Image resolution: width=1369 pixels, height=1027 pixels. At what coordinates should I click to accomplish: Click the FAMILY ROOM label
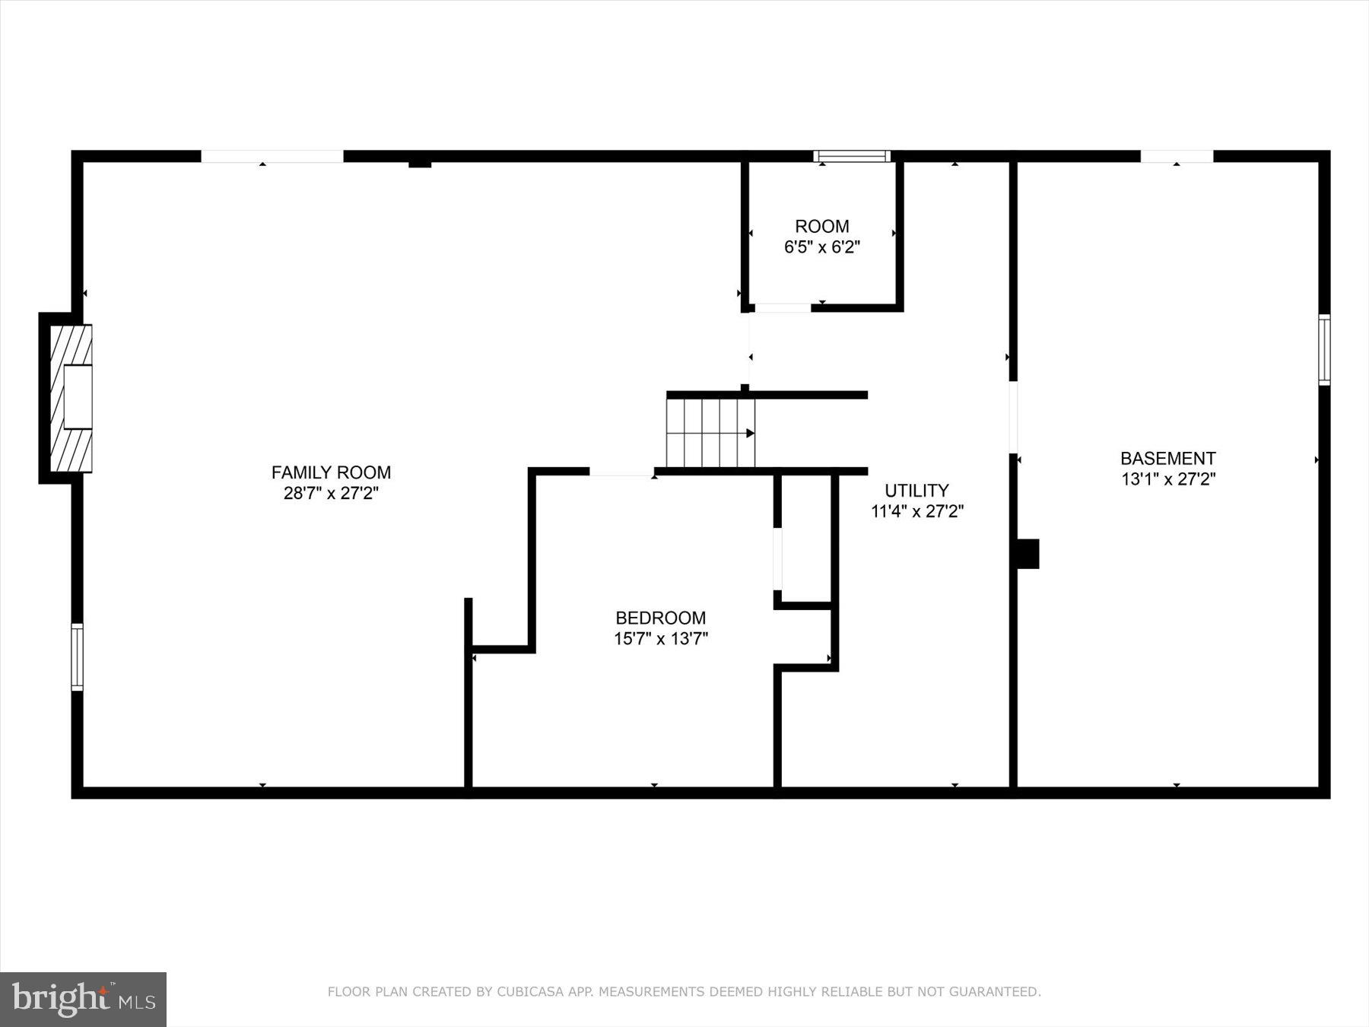pos(331,472)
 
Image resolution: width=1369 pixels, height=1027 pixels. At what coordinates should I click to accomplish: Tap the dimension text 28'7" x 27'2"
pos(331,493)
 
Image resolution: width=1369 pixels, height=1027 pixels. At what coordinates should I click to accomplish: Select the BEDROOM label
pos(660,618)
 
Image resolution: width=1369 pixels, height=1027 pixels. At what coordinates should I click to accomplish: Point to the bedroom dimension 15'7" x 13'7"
pos(660,638)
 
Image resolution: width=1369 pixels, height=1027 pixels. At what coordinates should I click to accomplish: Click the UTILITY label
pos(916,490)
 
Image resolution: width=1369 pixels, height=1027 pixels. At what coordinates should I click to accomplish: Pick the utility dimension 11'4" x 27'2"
pos(916,511)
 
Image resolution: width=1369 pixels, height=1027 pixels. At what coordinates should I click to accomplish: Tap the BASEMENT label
pos(1167,458)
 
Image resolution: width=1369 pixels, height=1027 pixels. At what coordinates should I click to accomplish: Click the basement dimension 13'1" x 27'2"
pos(1167,479)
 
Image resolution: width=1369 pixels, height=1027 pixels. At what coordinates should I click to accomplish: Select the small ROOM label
pos(821,226)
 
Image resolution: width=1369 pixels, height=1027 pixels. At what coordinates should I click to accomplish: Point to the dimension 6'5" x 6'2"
pos(821,247)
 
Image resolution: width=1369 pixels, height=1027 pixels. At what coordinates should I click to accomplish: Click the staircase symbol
pos(710,433)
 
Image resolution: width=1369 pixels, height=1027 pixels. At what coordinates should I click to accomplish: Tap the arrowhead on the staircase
pos(750,433)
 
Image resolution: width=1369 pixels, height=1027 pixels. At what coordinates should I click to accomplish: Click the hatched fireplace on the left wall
pos(71,398)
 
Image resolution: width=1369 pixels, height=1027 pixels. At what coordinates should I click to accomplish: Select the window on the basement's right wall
pos(1324,350)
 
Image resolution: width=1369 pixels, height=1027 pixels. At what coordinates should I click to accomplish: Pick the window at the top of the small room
pos(852,157)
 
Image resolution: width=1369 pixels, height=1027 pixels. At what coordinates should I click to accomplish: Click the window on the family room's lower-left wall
pos(77,657)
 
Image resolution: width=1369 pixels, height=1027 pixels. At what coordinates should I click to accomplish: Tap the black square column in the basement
pos(1028,554)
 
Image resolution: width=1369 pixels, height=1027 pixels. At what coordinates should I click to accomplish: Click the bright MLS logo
pos(83,999)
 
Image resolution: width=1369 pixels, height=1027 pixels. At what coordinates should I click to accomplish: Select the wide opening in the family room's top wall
pos(272,157)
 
